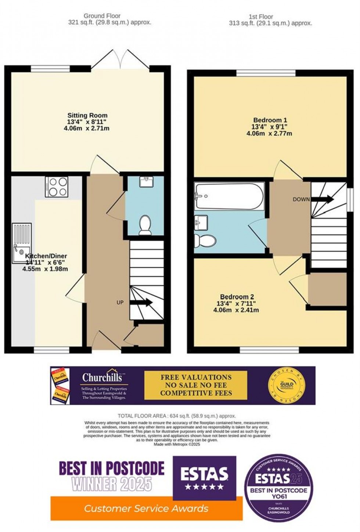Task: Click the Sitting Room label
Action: (87, 115)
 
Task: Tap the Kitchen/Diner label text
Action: (46, 256)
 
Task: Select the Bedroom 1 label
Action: (270, 120)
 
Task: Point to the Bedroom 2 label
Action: (237, 297)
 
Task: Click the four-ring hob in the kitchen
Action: (57, 187)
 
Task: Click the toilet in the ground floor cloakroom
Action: (145, 225)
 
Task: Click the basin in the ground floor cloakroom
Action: (148, 180)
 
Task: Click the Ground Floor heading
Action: (102, 16)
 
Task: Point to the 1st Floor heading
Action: (261, 17)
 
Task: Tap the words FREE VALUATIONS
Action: (196, 377)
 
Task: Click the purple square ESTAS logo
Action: (204, 478)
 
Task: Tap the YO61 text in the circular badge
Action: (278, 496)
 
